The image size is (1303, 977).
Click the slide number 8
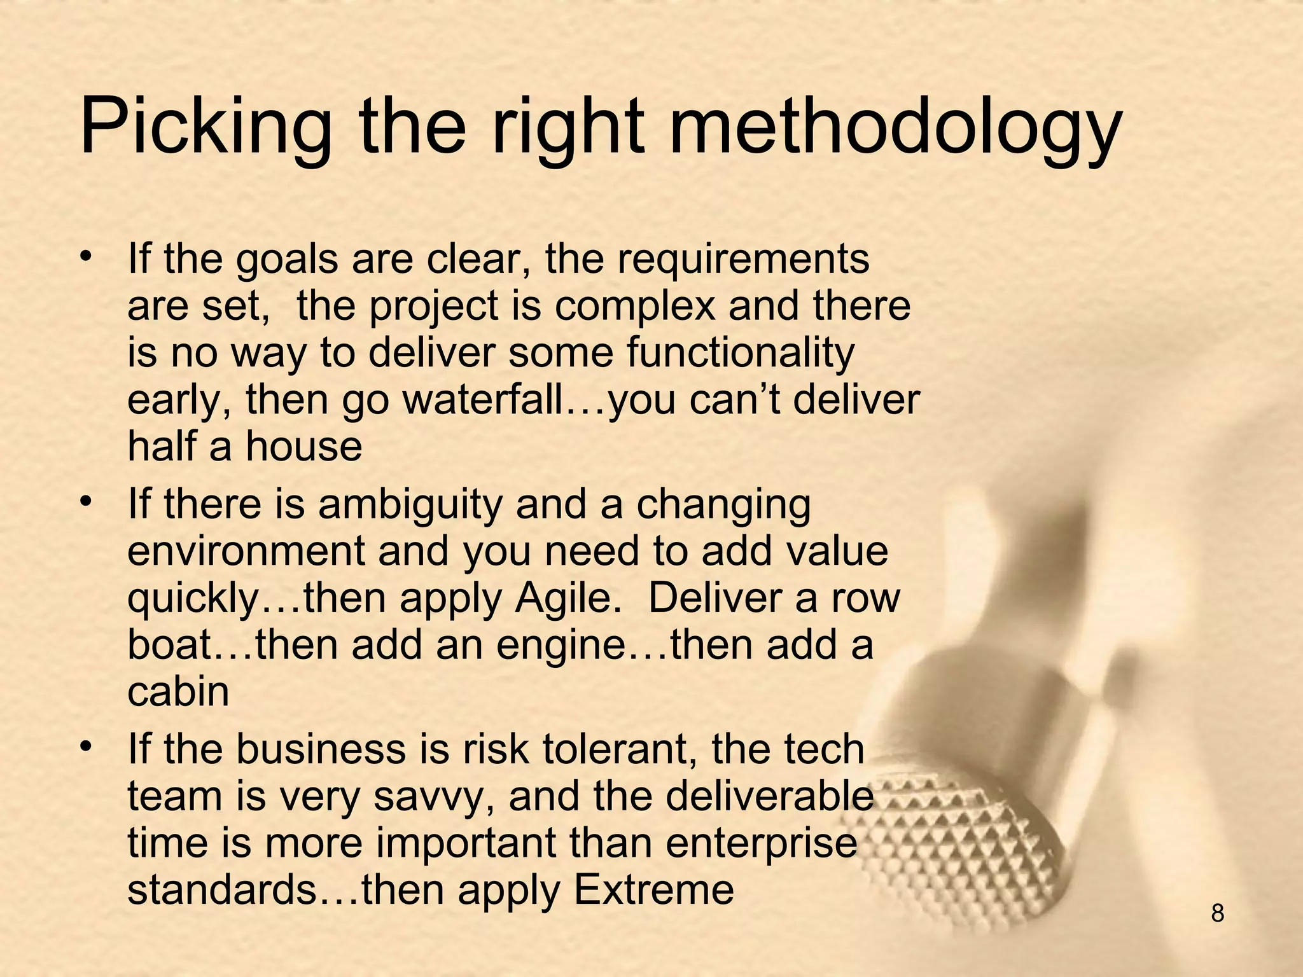tap(1217, 913)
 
